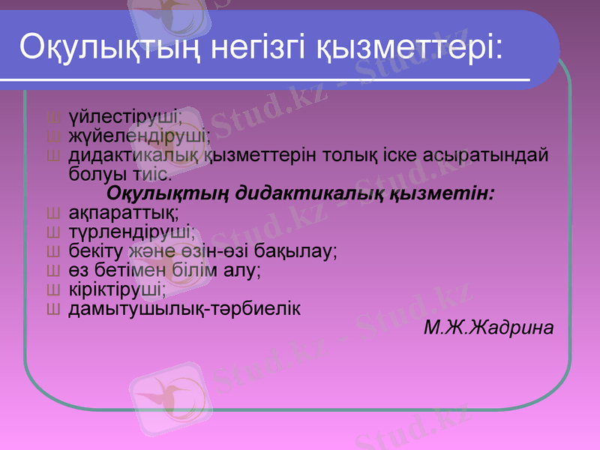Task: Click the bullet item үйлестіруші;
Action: pos(125,117)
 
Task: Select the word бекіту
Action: pos(96,251)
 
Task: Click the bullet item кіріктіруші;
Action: pos(118,289)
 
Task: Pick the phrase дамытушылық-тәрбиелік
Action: pos(184,309)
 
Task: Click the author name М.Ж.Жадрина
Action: pos(489,328)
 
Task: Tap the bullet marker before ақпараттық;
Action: pos(53,213)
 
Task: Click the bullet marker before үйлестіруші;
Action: pos(53,118)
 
